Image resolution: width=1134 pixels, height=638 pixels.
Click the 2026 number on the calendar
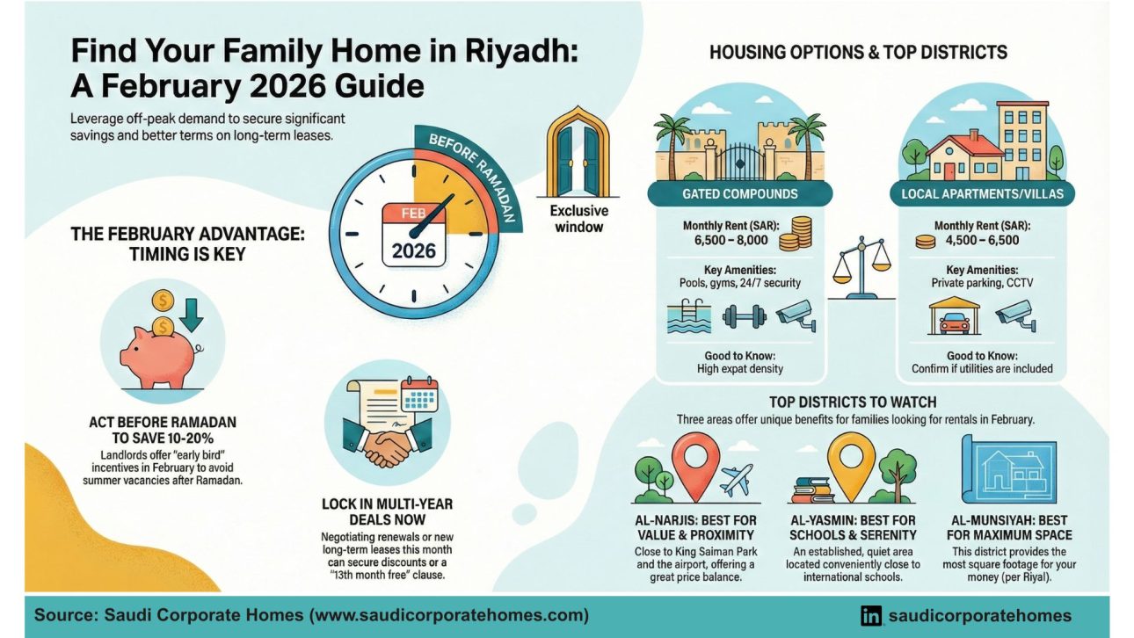[413, 250]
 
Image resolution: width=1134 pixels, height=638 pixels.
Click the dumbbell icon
[744, 315]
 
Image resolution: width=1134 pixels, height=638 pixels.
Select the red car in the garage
[955, 321]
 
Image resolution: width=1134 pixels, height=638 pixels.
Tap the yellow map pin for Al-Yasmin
[852, 461]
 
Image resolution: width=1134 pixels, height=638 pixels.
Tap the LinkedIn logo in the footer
[871, 616]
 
